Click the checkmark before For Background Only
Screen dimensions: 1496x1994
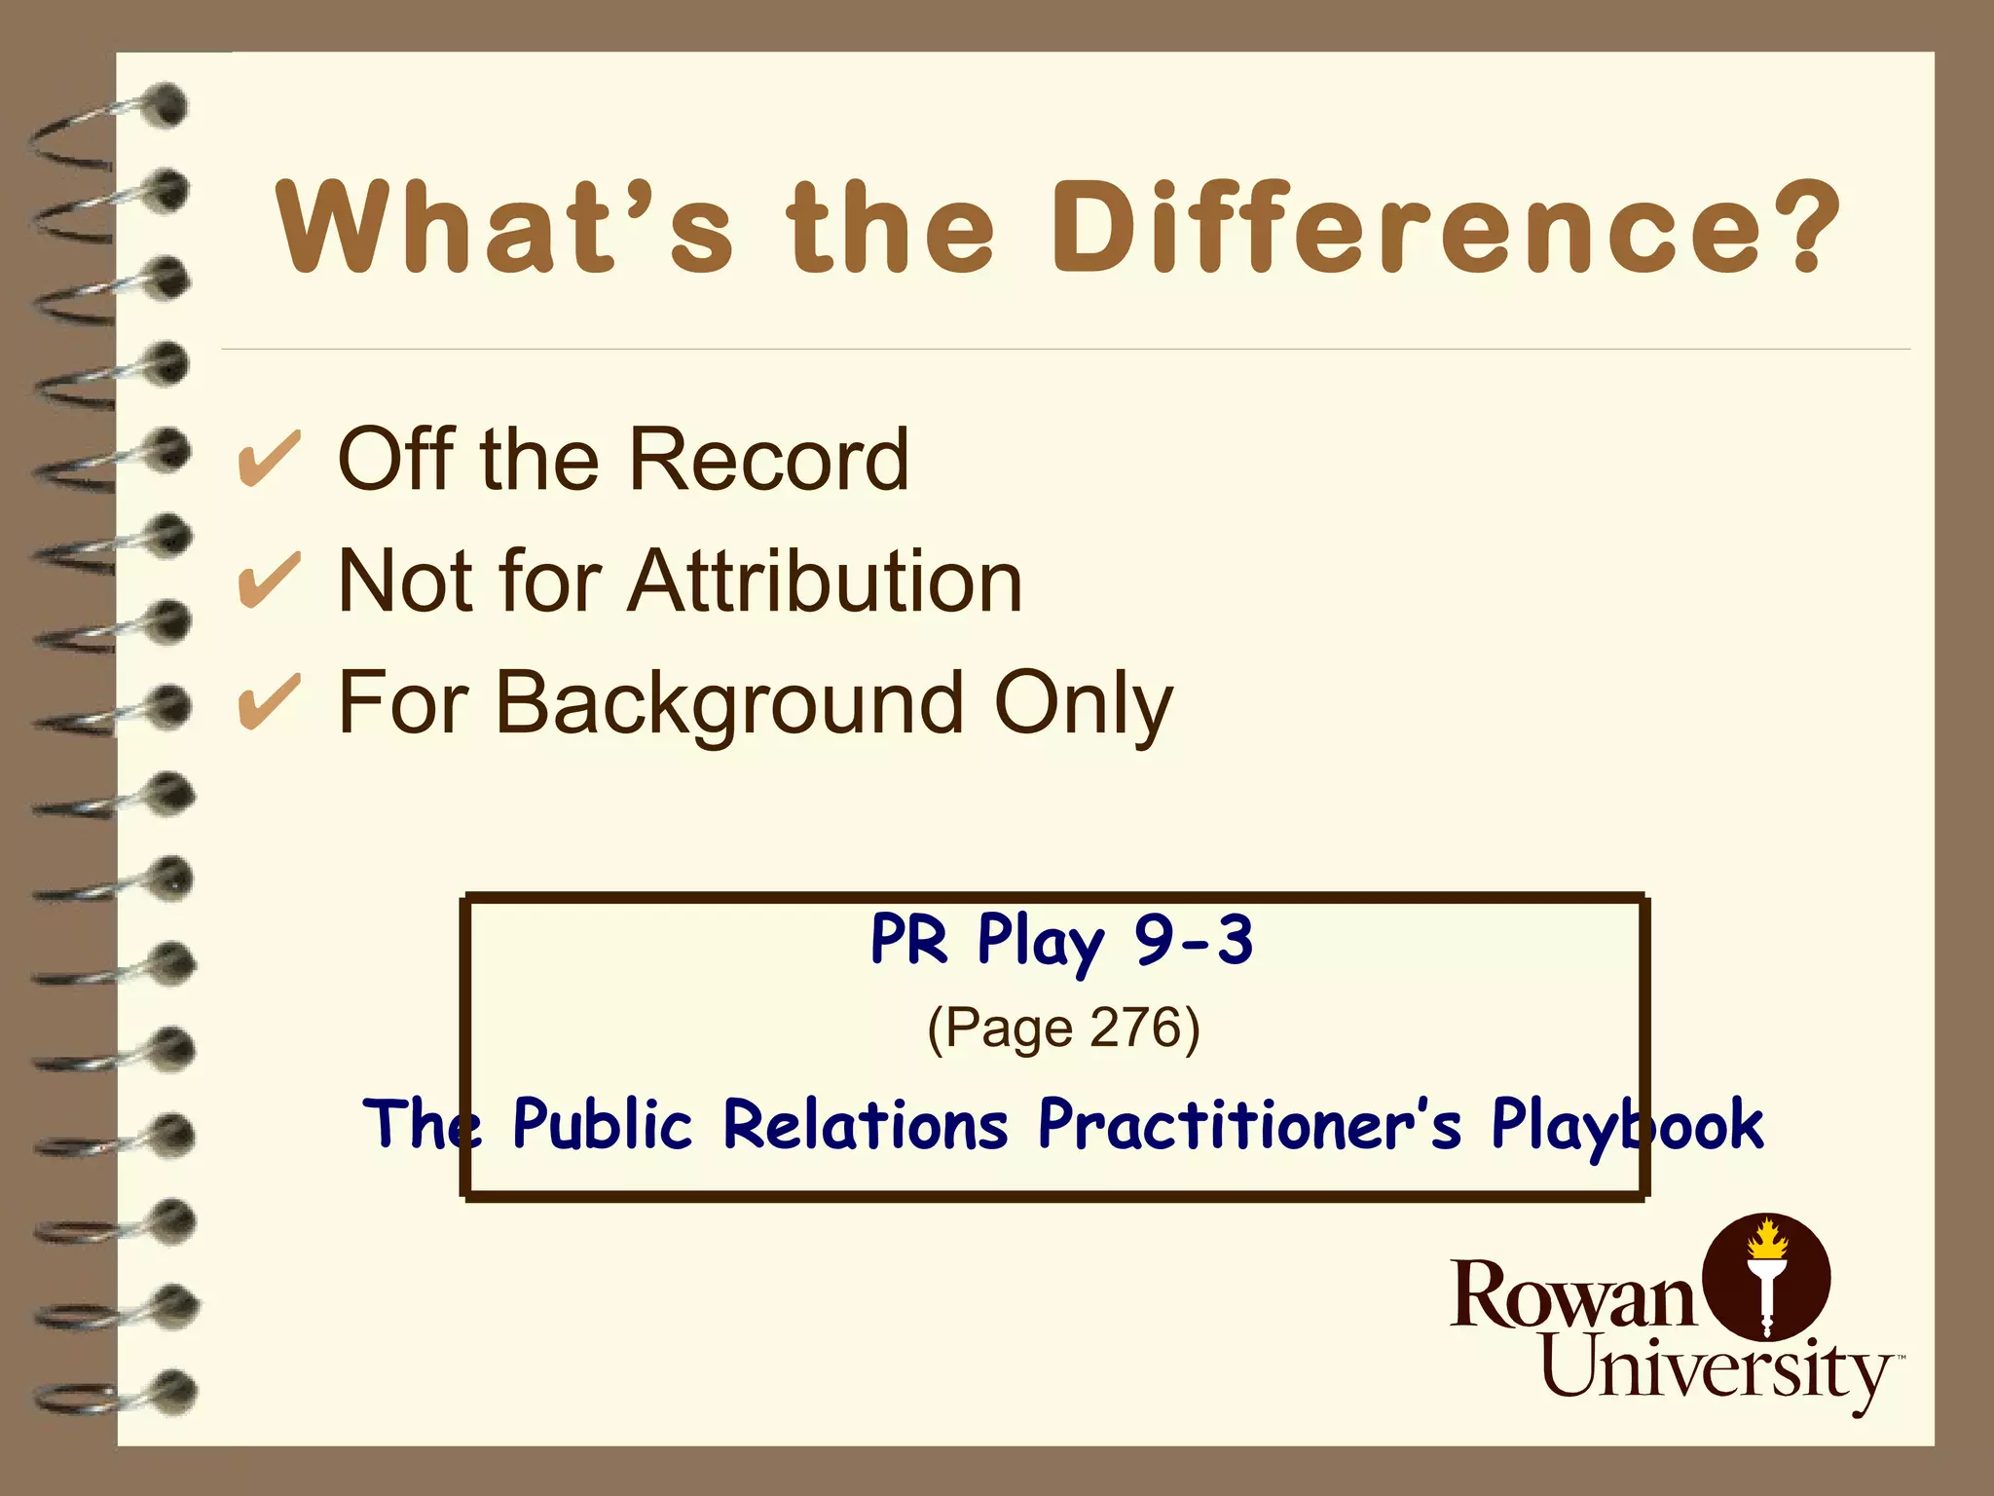pyautogui.click(x=269, y=702)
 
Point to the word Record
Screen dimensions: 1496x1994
pyautogui.click(x=769, y=459)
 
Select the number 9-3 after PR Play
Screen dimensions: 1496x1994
pyautogui.click(x=1194, y=941)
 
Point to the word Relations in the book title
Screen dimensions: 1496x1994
pyautogui.click(x=866, y=1124)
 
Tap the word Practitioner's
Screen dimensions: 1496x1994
pyautogui.click(x=1249, y=1124)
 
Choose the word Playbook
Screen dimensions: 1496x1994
pyautogui.click(x=1627, y=1126)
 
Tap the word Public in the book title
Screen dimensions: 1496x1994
pyautogui.click(x=603, y=1124)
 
